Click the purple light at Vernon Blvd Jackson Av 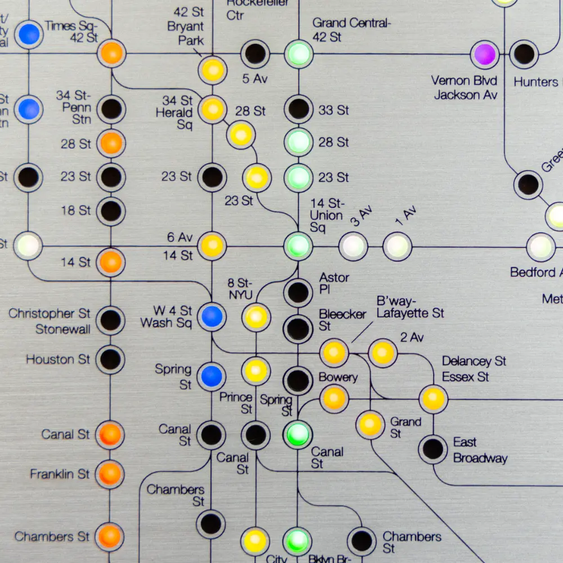point(484,55)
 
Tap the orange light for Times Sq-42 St point(111,53)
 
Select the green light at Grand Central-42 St point(298,55)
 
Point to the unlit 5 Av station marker point(255,54)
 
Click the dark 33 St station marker point(298,109)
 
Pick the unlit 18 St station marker point(110,211)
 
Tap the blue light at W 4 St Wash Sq point(212,316)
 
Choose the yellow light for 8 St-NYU point(256,316)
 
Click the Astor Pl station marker point(298,292)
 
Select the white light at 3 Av point(353,247)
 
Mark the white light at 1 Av point(397,247)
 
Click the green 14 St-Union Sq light point(298,246)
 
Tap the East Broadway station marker point(433,449)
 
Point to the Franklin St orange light point(110,473)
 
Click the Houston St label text point(58,359)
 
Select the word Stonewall point(63,329)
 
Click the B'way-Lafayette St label point(410,306)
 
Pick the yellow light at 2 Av point(383,353)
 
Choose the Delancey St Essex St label point(473,369)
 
